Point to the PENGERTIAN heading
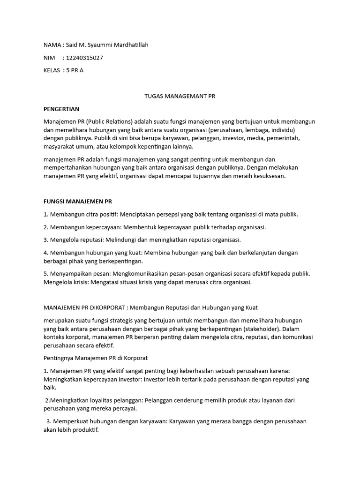coord(61,109)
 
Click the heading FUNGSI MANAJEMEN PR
coord(78,202)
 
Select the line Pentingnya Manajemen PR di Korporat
coord(95,358)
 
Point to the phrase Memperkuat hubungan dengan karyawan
coord(104,421)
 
